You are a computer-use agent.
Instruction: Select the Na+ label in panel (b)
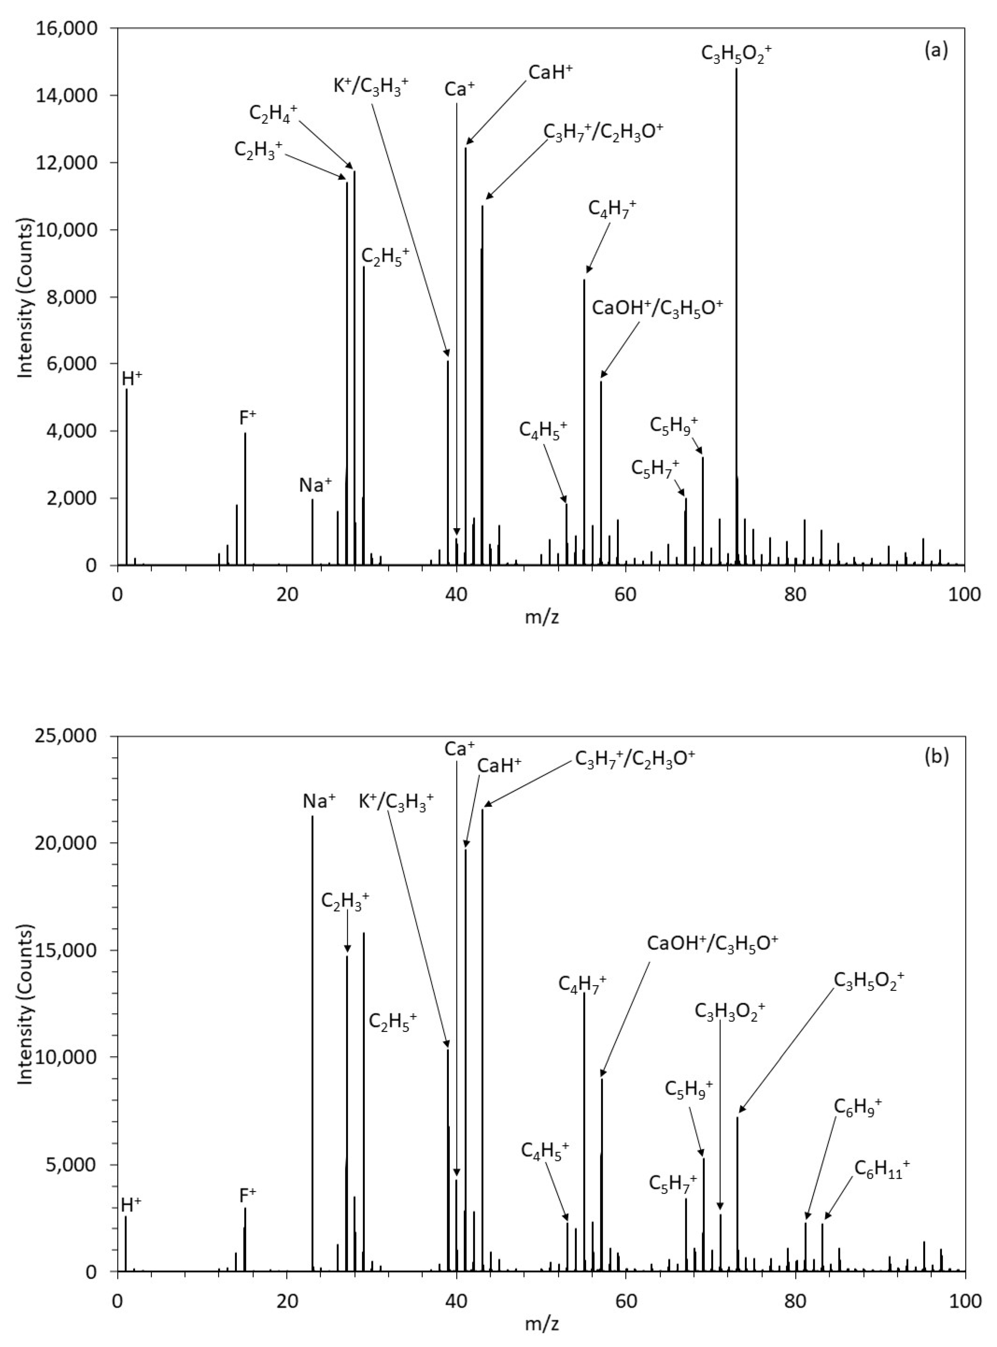319,802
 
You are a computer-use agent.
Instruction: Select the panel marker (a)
936,50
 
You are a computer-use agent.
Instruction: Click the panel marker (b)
936,755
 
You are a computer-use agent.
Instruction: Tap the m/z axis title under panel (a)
541,618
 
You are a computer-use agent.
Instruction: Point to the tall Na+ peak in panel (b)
312,1026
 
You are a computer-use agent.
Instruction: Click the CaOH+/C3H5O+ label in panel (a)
657,308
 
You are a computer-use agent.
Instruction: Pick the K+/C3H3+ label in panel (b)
396,802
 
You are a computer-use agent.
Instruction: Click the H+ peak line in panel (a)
127,483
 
